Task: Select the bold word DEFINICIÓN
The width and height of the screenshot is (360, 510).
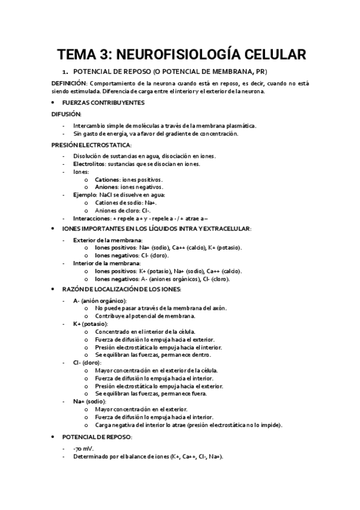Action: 69,82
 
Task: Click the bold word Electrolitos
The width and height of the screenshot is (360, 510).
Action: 90,164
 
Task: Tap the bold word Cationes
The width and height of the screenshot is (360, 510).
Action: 108,179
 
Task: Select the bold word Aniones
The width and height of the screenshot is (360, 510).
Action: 107,187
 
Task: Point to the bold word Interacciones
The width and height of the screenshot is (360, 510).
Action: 93,218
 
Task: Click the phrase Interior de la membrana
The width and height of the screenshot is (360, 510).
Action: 106,263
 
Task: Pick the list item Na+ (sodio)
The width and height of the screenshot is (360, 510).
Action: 90,401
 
